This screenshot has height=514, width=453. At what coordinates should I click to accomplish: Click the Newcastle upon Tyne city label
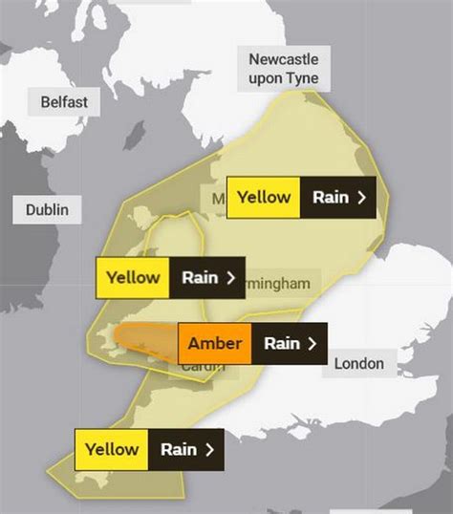[283, 68]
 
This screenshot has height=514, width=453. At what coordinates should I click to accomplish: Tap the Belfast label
[64, 101]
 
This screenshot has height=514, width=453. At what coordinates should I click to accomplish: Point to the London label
[358, 363]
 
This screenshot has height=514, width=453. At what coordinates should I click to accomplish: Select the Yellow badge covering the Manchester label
[264, 198]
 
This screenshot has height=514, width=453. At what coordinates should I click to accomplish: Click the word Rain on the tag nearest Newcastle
[331, 198]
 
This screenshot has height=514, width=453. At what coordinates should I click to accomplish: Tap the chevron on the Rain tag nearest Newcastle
[360, 198]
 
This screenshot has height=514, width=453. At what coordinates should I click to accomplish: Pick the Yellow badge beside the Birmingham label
[133, 278]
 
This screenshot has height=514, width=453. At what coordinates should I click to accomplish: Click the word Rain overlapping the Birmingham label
[200, 278]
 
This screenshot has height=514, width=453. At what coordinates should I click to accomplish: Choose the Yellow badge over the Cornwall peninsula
[112, 449]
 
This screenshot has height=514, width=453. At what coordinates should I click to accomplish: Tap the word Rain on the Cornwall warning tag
[179, 449]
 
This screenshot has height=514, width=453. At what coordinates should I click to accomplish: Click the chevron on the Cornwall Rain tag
[208, 449]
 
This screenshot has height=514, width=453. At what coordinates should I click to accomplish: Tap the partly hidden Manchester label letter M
[218, 199]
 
